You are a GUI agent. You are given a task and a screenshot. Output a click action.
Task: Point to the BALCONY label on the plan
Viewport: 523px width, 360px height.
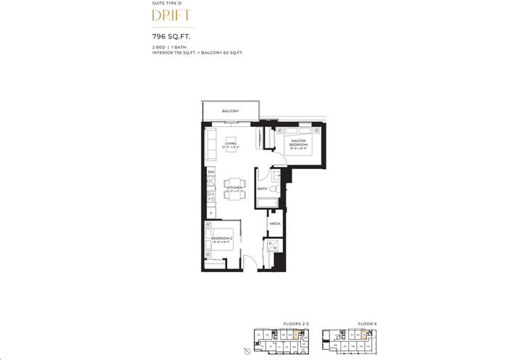click(231, 112)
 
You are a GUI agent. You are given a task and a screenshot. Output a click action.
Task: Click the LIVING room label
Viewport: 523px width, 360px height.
click(231, 145)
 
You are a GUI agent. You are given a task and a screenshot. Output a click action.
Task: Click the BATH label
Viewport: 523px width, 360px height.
click(263, 189)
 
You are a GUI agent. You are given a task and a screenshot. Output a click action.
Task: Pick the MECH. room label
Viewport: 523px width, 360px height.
click(276, 224)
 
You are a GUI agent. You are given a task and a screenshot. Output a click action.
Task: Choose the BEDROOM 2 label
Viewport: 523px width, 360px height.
click(221, 239)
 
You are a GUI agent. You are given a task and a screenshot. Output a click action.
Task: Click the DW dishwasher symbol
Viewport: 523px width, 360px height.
click(210, 172)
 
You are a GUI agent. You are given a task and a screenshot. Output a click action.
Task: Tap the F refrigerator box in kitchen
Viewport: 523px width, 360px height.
click(210, 213)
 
